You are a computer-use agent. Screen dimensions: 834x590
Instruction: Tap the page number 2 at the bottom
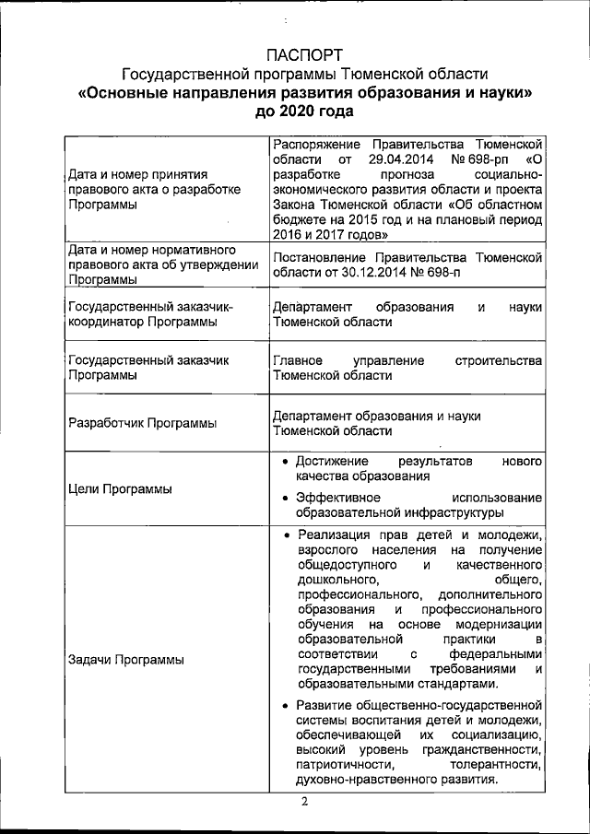[304, 800]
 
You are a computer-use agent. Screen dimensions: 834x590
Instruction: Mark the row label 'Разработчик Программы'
[143, 423]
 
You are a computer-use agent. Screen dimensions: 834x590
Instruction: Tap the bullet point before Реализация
[288, 535]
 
